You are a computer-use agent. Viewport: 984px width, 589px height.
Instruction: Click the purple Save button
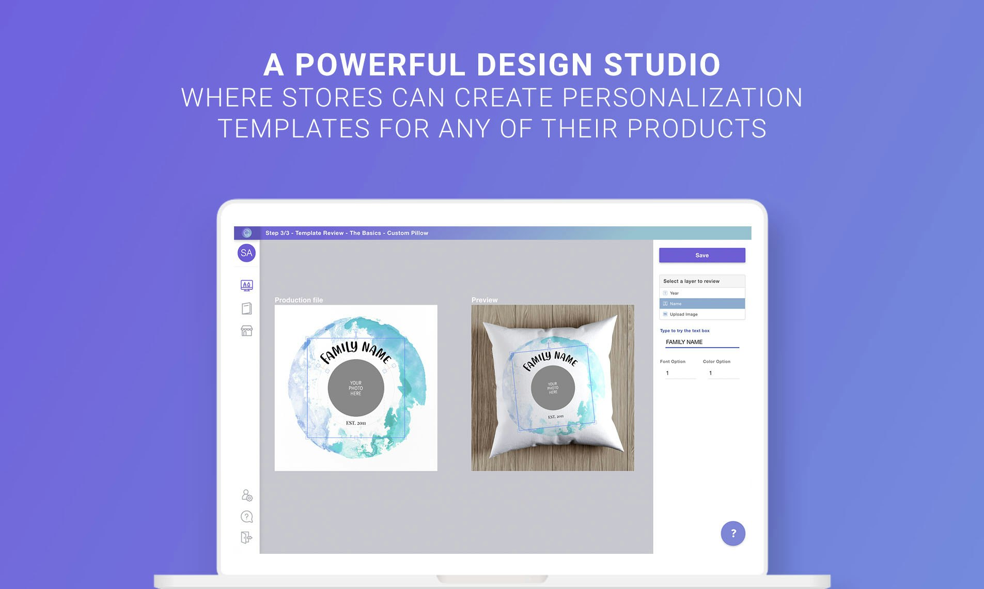[701, 255]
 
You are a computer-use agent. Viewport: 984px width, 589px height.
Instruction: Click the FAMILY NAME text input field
[701, 342]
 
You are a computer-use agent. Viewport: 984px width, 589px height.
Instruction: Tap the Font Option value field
[680, 373]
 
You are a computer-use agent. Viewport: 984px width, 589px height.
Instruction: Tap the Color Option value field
[722, 373]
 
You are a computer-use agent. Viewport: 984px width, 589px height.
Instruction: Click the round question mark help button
[732, 533]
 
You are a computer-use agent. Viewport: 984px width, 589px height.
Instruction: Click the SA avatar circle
[246, 253]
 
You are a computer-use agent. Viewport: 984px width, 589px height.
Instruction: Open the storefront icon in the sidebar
[246, 331]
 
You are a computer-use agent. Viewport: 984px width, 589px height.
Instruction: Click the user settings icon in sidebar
[247, 495]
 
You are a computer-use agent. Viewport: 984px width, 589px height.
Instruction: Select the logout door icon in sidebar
[246, 537]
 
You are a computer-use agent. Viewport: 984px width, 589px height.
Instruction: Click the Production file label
[299, 300]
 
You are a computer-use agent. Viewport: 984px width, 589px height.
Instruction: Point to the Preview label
[485, 300]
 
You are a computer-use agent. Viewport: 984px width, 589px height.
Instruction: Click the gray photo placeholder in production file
[356, 388]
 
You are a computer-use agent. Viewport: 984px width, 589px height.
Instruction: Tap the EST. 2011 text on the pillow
[556, 416]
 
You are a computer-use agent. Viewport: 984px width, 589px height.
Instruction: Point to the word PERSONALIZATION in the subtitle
[682, 98]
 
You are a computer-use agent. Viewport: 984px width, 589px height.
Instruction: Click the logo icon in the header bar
[247, 233]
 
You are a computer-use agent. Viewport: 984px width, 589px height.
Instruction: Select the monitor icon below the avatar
[246, 285]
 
